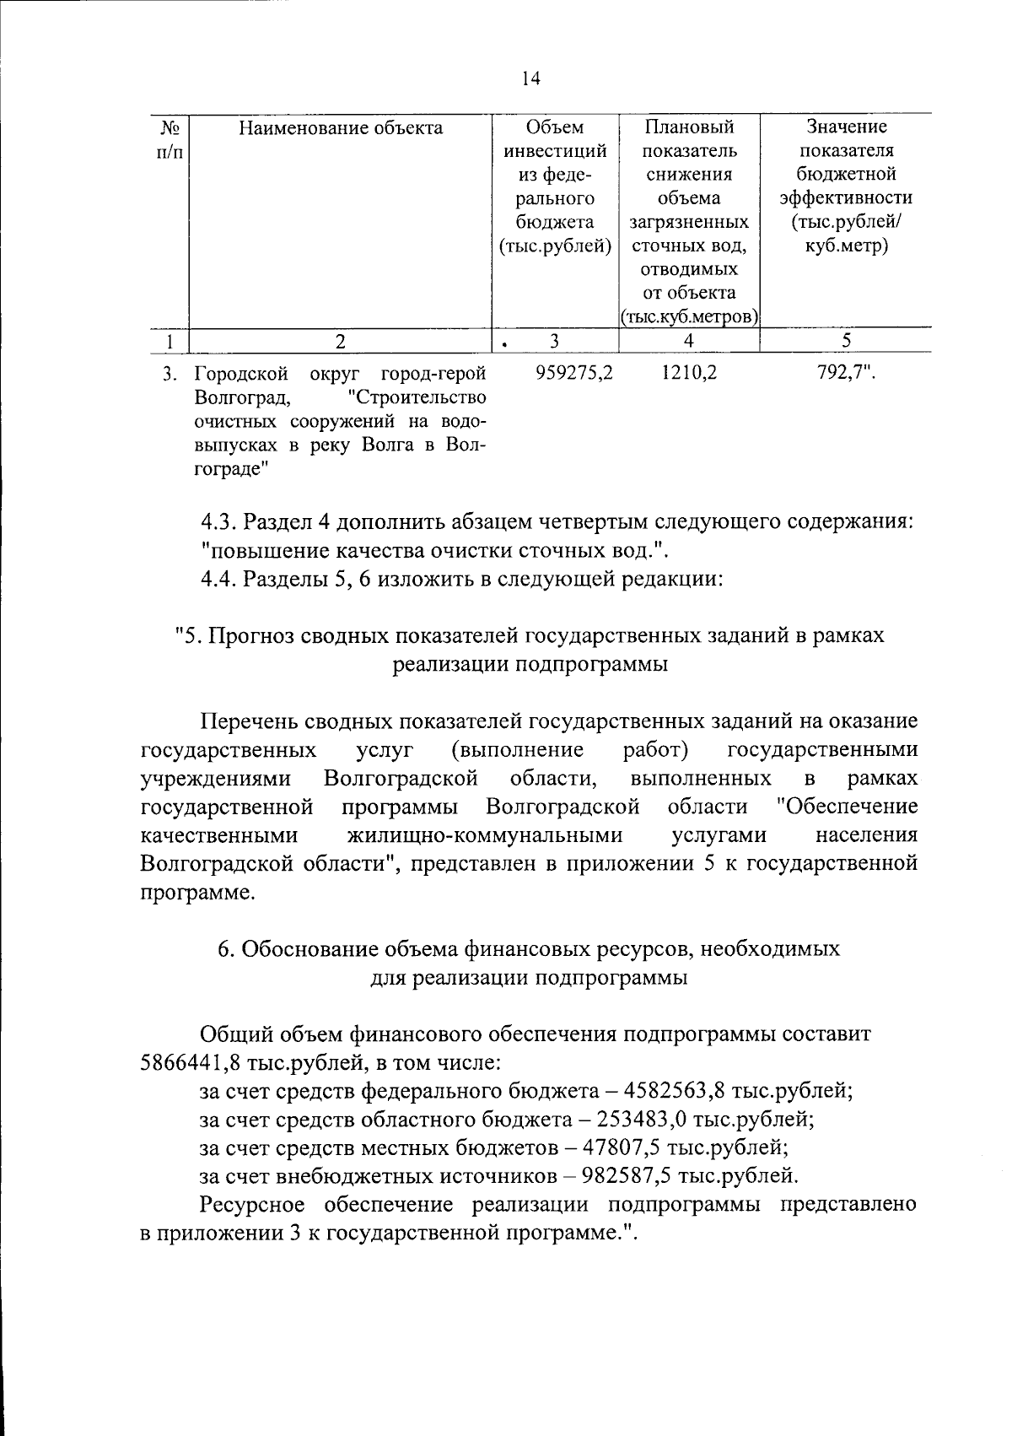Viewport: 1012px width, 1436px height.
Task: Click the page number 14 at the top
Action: pyautogui.click(x=530, y=79)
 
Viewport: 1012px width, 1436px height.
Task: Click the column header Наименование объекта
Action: pyautogui.click(x=340, y=128)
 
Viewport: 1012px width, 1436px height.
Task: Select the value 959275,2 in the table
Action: pyautogui.click(x=573, y=372)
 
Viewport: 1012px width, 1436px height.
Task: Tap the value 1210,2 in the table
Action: pyautogui.click(x=689, y=372)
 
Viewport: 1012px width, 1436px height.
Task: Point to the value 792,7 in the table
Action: pyautogui.click(x=845, y=372)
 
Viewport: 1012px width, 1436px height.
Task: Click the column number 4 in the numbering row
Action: pyautogui.click(x=689, y=341)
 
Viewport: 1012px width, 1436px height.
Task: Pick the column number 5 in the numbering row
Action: pyautogui.click(x=846, y=341)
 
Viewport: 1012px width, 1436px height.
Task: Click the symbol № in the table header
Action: pyautogui.click(x=170, y=128)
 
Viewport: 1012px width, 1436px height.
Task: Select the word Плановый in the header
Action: pyautogui.click(x=689, y=128)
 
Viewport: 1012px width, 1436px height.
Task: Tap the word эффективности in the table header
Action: pyautogui.click(x=846, y=199)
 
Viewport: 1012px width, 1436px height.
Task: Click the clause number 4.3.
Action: pyautogui.click(x=219, y=522)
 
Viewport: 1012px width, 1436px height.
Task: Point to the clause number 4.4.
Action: pyautogui.click(x=219, y=580)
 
